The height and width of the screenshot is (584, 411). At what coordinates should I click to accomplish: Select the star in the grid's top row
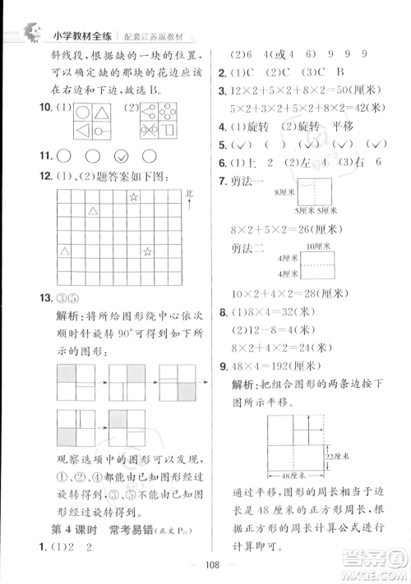coord(132,196)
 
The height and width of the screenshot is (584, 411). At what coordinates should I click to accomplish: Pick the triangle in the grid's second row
coord(93,212)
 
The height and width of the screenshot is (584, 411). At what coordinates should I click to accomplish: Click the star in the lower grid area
coord(147,251)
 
